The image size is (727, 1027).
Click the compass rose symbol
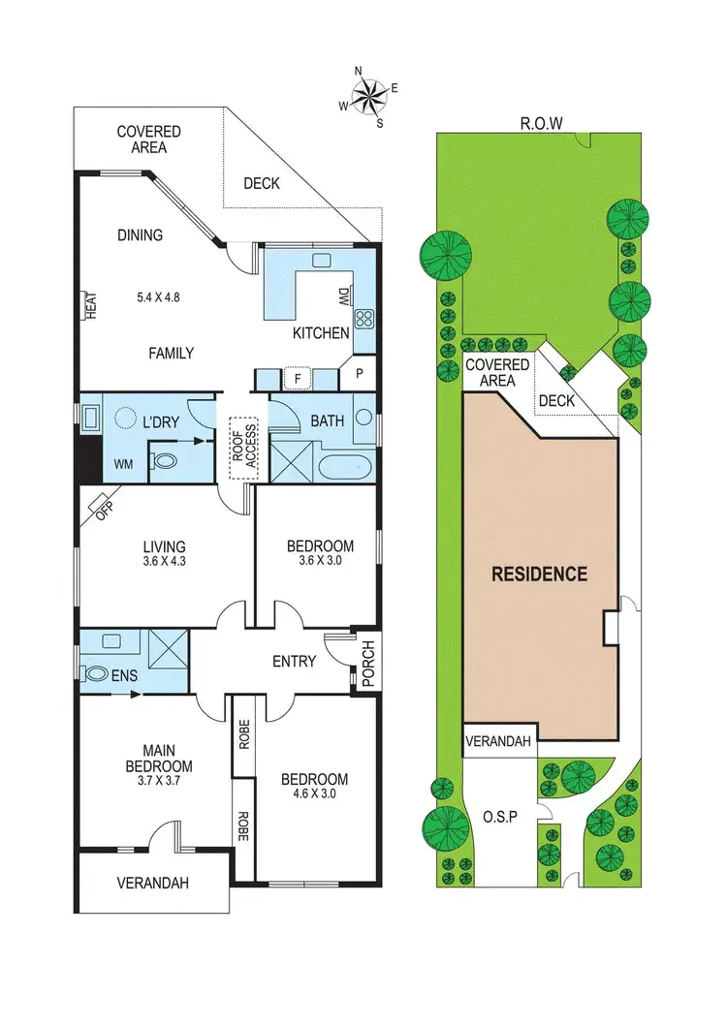tap(368, 95)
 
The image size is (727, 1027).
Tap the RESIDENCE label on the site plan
tap(539, 574)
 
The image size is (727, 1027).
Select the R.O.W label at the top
tap(541, 123)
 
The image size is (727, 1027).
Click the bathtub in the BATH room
tap(345, 466)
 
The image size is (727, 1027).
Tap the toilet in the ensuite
tap(98, 672)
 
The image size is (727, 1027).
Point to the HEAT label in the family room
tap(91, 306)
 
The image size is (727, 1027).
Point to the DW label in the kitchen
tap(343, 296)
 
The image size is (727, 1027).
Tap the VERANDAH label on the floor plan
tap(152, 883)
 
